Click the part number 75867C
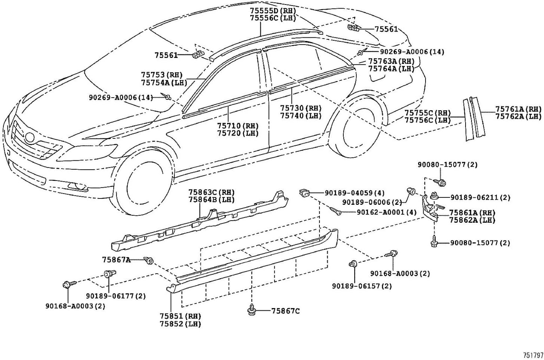(x=285, y=311)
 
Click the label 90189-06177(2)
(x=116, y=296)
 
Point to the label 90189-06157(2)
(x=362, y=286)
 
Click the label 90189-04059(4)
(x=354, y=193)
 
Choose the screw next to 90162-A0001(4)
(x=336, y=211)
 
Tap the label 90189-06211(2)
(x=480, y=197)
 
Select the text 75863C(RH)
(x=211, y=193)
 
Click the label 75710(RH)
(x=238, y=126)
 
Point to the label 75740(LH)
(x=301, y=116)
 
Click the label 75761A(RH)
(x=518, y=109)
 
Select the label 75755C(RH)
(x=427, y=113)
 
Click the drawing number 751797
(x=533, y=354)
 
